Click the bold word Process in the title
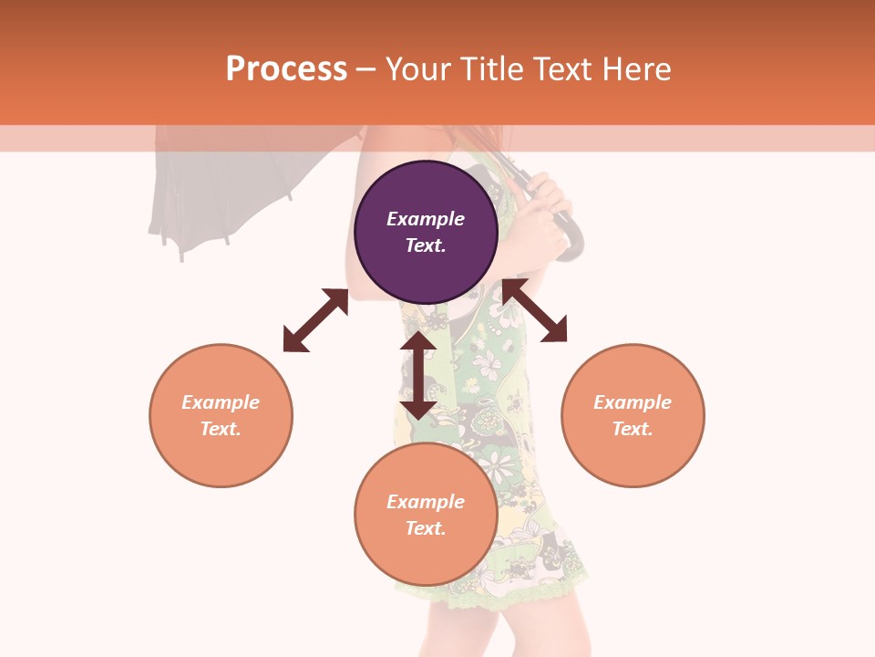[x=286, y=69]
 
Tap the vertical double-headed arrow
[x=418, y=375]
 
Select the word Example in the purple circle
[x=426, y=219]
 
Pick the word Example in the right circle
[x=633, y=402]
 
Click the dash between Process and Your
[x=366, y=69]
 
